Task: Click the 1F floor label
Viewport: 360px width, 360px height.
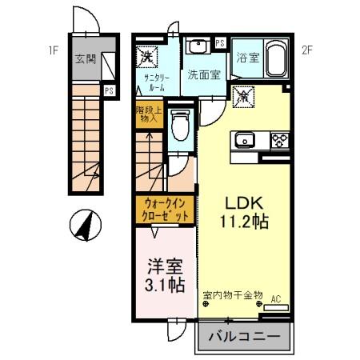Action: [53, 50]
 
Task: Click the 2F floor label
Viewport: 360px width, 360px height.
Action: [306, 50]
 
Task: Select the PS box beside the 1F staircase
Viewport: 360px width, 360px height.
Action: [109, 91]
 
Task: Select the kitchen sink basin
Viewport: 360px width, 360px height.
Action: [245, 141]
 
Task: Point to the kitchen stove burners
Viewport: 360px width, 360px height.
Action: [279, 141]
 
